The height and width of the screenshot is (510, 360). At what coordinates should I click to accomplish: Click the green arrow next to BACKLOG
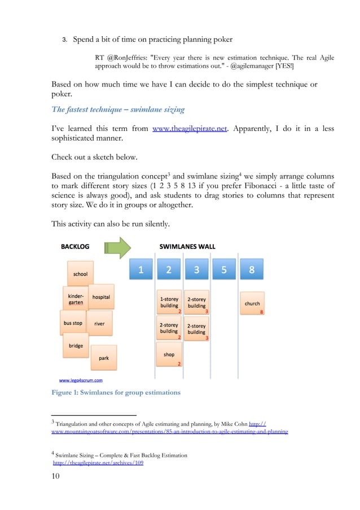pos(117,247)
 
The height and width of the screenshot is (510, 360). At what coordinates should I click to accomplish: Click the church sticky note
pos(252,304)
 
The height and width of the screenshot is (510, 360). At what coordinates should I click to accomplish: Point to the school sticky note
pos(80,274)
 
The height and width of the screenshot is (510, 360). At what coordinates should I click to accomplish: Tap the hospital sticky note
pos(101,297)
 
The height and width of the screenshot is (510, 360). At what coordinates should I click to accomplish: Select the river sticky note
pos(99,324)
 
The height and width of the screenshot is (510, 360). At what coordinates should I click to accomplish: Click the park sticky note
pos(104,358)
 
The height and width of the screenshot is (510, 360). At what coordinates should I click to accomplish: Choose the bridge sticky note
pos(76,346)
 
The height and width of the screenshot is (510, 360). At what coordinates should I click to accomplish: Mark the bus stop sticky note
pos(73,323)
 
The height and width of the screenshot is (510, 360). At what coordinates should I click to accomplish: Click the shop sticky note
pos(169,355)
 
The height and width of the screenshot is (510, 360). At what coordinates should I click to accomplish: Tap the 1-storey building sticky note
pos(169,302)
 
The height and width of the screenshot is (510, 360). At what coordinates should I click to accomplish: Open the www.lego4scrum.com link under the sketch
pos(81,380)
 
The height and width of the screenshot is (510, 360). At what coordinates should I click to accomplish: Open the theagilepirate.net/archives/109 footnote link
pos(98,463)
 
